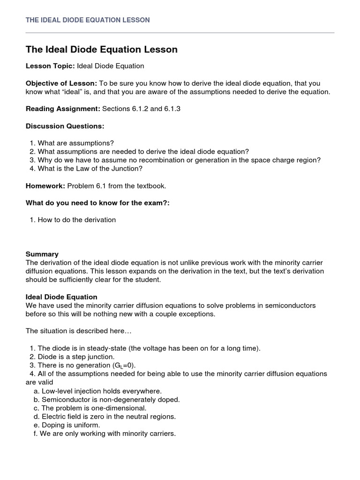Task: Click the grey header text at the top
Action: [x=88, y=20]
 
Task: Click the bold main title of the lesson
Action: [x=102, y=50]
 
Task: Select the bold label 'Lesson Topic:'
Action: [x=50, y=66]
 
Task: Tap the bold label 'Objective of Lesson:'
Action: [x=61, y=83]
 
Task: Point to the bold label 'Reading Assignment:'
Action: [x=63, y=109]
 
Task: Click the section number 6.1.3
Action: [x=172, y=109]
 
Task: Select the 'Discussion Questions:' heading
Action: [x=65, y=126]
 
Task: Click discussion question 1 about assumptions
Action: [x=75, y=143]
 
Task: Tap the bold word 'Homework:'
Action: [x=45, y=186]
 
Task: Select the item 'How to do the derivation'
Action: [x=76, y=220]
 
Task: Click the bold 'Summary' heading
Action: [x=42, y=254]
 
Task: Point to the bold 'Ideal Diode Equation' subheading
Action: [x=61, y=297]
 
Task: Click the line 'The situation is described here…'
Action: [x=79, y=331]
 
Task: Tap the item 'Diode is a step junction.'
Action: [x=75, y=357]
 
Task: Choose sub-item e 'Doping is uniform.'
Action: [x=70, y=425]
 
